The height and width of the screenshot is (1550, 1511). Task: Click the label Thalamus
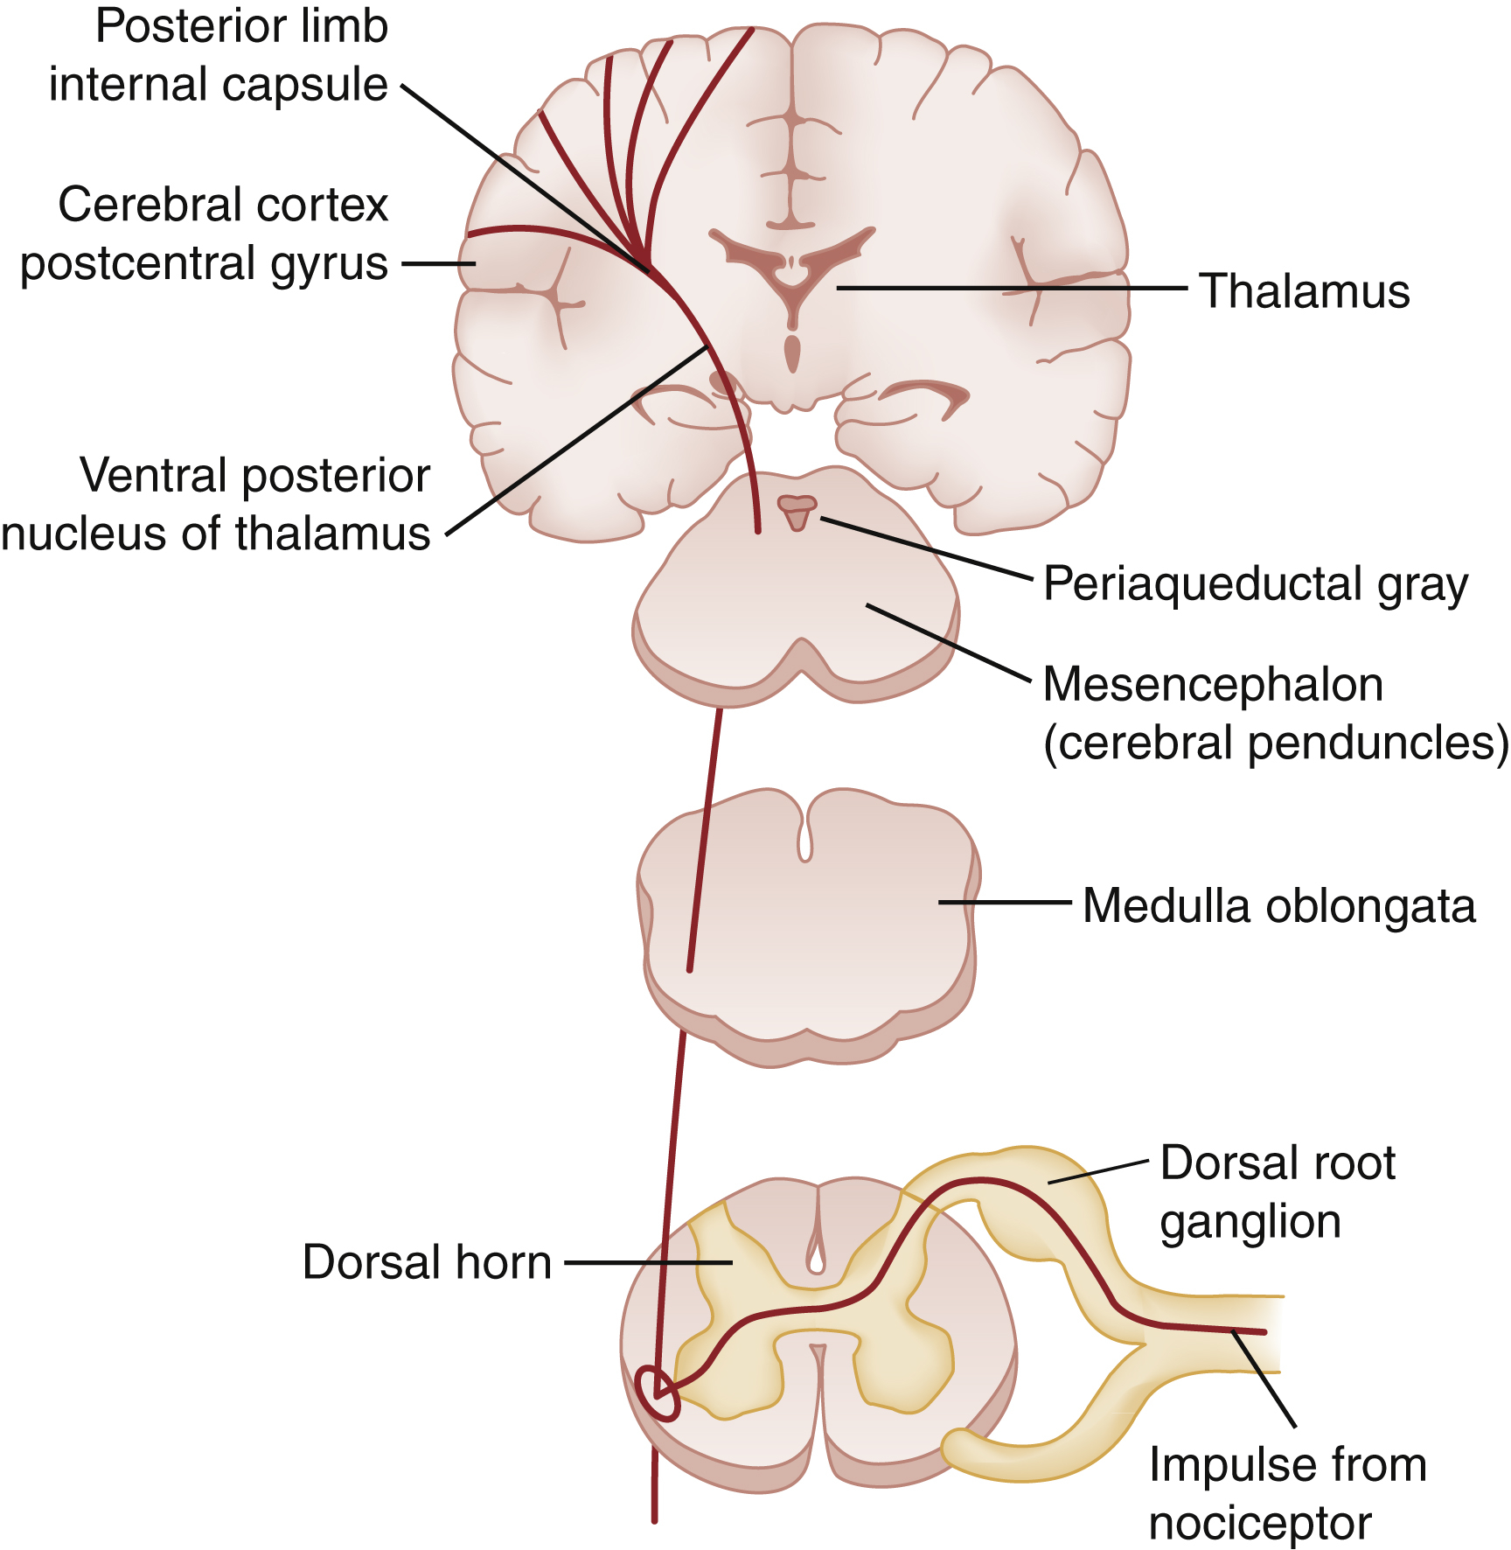1303,291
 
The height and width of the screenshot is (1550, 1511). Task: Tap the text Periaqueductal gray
1255,584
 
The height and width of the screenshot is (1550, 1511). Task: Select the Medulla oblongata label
1278,906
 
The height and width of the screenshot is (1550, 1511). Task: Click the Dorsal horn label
427,1262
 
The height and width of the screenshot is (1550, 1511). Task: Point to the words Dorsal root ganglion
1277,1192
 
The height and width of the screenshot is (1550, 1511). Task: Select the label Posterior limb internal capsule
219,55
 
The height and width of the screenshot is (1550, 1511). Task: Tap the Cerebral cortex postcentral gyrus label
205,234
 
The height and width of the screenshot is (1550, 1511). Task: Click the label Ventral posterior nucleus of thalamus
217,505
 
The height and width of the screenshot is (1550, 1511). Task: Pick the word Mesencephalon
1213,685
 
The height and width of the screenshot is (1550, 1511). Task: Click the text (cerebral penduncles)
1276,744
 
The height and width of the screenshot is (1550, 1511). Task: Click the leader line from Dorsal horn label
647,1262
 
